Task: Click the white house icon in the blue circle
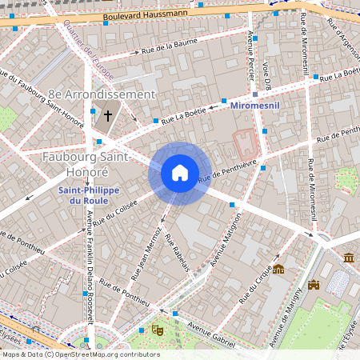180,173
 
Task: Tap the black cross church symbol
107,116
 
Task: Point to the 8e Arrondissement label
101,94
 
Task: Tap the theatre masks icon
158,329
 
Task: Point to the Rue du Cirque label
255,287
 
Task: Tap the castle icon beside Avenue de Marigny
314,284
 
